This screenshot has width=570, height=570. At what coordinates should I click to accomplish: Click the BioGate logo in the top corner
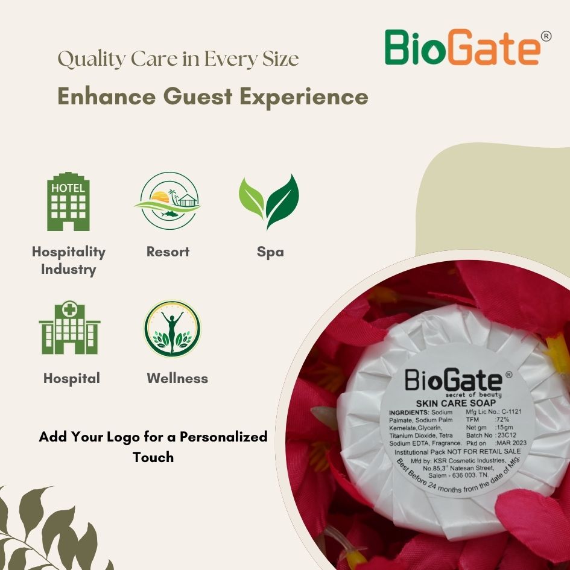tap(467, 47)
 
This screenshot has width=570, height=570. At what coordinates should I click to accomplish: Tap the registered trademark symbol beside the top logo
tap(546, 36)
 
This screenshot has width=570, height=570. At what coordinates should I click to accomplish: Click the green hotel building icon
tap(68, 201)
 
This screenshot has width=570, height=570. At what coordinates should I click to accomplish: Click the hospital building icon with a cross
tap(69, 328)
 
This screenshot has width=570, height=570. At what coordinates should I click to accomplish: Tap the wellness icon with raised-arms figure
tap(173, 329)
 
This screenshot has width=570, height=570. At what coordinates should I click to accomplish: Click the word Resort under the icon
tap(168, 252)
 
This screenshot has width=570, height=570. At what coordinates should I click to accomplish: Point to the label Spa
tap(270, 252)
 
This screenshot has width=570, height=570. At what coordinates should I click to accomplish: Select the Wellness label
tap(177, 378)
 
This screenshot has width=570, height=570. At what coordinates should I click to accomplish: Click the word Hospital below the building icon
tap(72, 379)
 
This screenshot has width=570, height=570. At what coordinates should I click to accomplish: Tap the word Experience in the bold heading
tap(304, 97)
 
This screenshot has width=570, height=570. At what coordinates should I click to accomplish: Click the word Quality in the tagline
tap(91, 59)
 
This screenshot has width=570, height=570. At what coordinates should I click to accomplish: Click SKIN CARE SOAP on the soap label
tap(456, 403)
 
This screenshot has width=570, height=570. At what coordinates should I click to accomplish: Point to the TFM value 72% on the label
tap(502, 419)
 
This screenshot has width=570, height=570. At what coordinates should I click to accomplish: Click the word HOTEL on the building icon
tap(68, 188)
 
